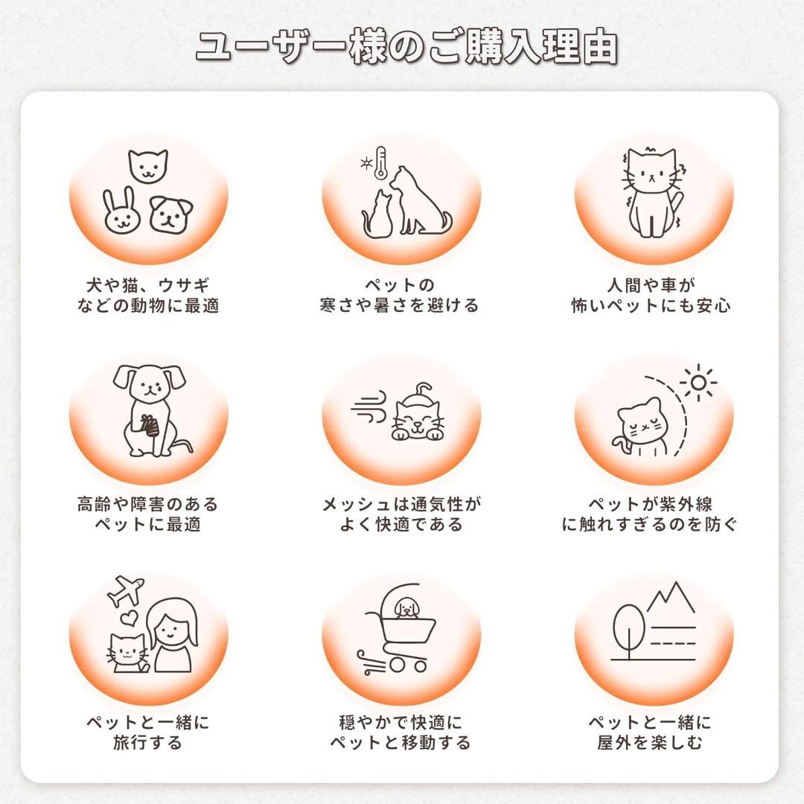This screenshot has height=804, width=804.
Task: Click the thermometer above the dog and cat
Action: coord(381,163)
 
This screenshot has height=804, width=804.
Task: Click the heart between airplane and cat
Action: coord(129,617)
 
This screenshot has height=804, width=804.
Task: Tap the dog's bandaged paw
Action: coord(150,426)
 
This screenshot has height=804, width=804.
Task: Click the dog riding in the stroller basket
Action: coord(406,609)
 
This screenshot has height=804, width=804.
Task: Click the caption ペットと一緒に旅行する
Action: coord(148,733)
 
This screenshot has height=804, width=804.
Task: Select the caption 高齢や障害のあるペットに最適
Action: coord(148,514)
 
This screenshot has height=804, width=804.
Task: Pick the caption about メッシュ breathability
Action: coord(401,514)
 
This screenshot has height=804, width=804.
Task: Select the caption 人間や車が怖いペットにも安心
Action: coord(651,295)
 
